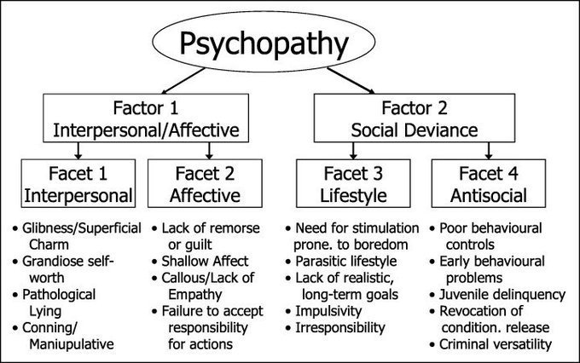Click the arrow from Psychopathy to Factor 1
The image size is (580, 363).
click(x=183, y=81)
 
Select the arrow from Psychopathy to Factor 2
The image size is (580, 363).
click(x=351, y=81)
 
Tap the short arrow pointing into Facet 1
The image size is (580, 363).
click(x=78, y=151)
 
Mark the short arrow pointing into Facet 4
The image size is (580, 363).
click(x=489, y=151)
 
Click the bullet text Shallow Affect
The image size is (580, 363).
click(x=205, y=262)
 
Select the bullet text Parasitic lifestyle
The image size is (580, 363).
click(x=345, y=262)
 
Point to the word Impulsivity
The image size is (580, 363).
click(x=328, y=311)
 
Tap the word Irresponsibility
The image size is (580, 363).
click(x=340, y=328)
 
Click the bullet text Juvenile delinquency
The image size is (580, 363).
click(x=502, y=295)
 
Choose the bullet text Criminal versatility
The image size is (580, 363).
click(x=496, y=344)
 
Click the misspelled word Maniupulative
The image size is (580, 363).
click(x=72, y=344)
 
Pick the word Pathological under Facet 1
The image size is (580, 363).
click(x=59, y=295)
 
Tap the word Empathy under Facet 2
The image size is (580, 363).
click(x=195, y=295)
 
